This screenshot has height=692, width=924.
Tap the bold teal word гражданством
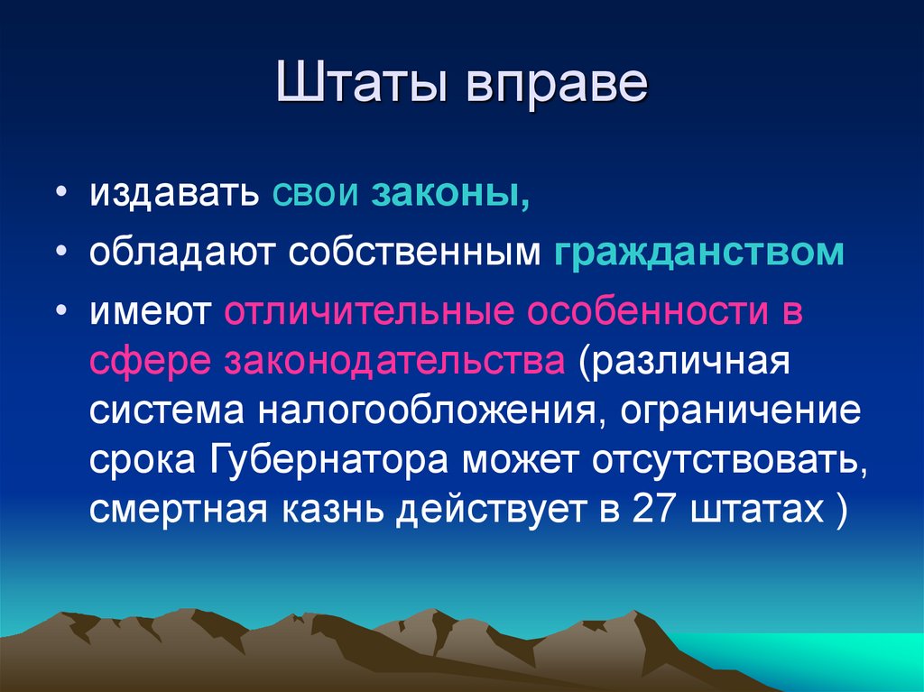pyautogui.click(x=699, y=254)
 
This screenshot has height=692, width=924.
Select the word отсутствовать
pyautogui.click(x=725, y=463)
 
